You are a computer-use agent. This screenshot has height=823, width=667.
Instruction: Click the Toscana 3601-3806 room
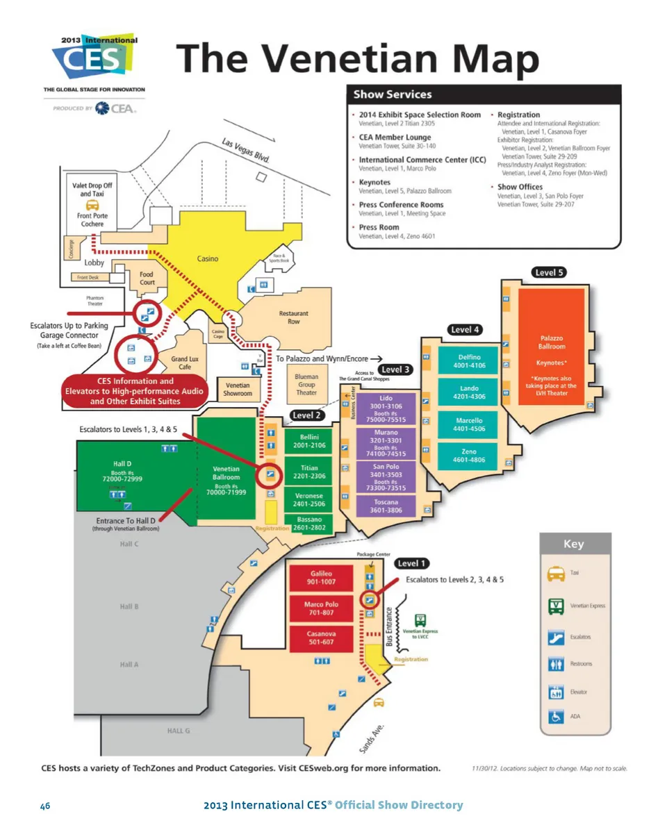(386, 506)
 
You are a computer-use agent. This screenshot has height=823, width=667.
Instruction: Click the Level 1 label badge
(413, 563)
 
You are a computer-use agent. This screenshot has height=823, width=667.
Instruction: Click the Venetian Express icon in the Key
(555, 606)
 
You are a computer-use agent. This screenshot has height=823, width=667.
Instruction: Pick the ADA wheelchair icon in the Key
(555, 717)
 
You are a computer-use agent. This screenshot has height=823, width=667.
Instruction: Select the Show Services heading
(393, 94)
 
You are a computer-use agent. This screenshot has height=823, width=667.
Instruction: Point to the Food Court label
(147, 278)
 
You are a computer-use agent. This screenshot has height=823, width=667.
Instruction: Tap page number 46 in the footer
(45, 806)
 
